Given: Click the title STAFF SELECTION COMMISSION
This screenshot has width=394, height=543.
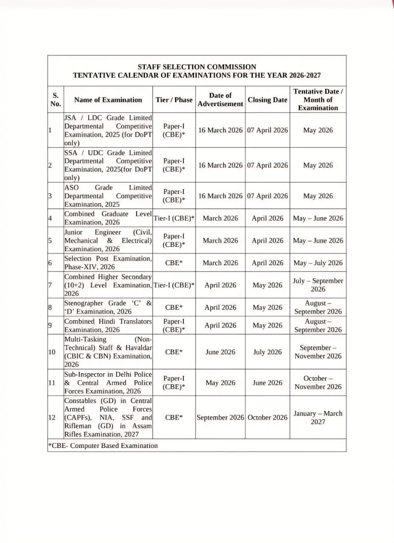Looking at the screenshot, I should (197, 67).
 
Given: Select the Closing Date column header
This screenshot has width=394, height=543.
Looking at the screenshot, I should (267, 100).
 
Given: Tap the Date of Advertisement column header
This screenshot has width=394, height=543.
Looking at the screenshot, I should (220, 100).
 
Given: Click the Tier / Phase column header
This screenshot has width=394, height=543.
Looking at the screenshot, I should (174, 100).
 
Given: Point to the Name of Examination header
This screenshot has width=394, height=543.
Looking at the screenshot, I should (108, 100).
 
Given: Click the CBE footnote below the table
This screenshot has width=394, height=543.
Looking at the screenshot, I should (103, 445).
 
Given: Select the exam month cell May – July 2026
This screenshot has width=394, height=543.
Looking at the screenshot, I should (318, 263).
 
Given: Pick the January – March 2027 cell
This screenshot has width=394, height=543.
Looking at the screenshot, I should (318, 417).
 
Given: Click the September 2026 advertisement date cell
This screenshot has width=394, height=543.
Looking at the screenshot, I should (220, 417).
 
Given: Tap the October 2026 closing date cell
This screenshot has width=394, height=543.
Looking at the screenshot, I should (267, 417).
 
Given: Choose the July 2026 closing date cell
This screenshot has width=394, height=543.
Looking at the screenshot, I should (267, 352).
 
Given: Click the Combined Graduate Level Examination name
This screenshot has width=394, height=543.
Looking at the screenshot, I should (108, 218).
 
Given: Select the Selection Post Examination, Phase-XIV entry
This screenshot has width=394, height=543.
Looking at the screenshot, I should (108, 263).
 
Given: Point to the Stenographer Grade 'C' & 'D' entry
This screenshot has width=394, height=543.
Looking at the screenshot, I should (108, 307).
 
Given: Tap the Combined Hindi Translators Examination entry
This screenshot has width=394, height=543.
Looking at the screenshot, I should (108, 325).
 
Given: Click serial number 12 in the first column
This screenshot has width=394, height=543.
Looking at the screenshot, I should (52, 417).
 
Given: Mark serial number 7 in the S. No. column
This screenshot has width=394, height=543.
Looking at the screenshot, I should (50, 285).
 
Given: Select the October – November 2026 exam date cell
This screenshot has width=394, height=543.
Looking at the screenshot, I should (318, 382).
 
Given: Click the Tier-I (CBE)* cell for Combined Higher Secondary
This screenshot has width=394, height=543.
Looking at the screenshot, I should (174, 285).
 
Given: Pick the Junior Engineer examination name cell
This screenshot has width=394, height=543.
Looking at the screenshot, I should (108, 241).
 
